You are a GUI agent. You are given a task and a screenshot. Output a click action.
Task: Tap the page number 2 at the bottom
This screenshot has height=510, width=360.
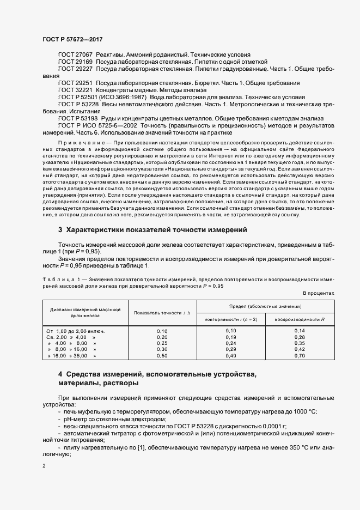[44, 466]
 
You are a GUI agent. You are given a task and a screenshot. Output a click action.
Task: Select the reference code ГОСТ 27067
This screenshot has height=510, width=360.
[75, 55]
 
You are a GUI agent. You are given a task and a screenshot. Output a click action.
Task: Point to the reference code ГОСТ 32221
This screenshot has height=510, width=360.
[75, 89]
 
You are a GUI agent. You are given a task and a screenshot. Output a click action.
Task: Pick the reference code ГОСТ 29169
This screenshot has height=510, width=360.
[75, 62]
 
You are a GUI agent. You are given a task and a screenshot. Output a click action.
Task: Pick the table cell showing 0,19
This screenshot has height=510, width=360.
[231, 337]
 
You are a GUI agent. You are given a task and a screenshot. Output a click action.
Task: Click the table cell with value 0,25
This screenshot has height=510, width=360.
[162, 343]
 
